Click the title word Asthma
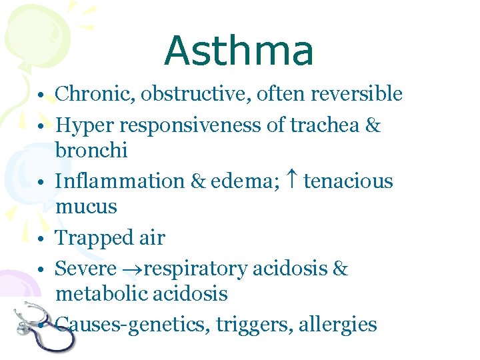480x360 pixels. (239, 51)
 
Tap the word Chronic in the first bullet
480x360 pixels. (95, 94)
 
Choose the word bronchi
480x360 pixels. (91, 149)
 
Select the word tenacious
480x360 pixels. (349, 181)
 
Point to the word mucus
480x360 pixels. (86, 206)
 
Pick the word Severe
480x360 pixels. (86, 269)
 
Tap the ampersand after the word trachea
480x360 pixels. (372, 125)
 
